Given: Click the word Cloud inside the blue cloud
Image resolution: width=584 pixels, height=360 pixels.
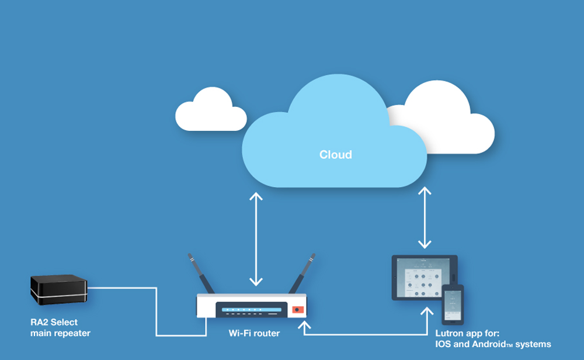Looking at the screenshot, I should click(335, 155).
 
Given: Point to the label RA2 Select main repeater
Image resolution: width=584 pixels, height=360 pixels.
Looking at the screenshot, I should click(60, 327).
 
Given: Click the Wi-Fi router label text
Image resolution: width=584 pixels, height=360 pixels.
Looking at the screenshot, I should click(254, 333).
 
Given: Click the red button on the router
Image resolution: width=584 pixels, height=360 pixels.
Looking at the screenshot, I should click(297, 310).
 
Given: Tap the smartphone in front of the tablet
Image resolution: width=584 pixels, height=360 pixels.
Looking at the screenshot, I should click(453, 304).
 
